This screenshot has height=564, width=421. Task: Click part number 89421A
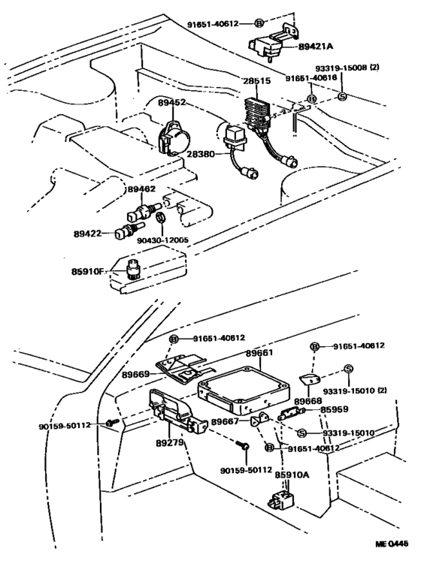tap(315, 47)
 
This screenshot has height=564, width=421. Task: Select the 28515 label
tap(257, 81)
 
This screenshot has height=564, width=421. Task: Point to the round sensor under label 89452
tap(174, 138)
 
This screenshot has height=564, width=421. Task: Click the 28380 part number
tap(201, 154)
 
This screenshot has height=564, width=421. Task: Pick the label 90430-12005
tap(162, 240)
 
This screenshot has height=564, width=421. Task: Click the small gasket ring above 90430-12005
tap(160, 217)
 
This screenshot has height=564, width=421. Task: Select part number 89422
tap(87, 234)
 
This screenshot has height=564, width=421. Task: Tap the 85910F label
tap(87, 271)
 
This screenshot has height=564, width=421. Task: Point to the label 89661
tap(259, 353)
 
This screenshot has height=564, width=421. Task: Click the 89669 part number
tap(135, 375)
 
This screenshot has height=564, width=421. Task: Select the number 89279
tap(170, 443)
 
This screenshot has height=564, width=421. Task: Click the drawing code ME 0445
tap(392, 544)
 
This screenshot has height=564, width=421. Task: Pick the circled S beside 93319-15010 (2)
tap(348, 369)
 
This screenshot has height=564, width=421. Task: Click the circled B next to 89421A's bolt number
tap(259, 23)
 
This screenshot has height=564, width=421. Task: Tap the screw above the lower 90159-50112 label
tap(243, 445)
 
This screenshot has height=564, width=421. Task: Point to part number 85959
tap(335, 409)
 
